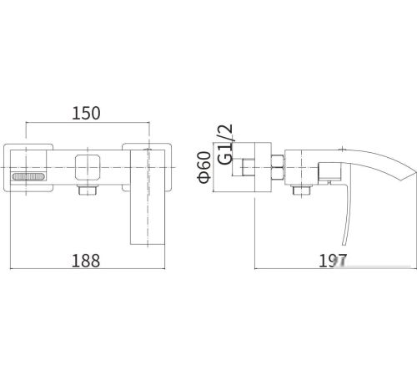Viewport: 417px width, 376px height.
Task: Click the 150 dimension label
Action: point(86,114)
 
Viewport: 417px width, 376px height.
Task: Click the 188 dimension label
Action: point(86,261)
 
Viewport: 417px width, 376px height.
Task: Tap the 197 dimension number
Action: point(333,261)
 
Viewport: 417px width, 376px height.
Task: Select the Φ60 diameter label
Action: point(204,167)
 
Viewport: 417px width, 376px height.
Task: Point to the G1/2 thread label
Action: point(225,145)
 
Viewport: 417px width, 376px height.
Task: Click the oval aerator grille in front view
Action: point(28,176)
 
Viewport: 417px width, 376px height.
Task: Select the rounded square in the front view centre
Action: point(88,167)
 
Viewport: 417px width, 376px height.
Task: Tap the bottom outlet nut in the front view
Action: point(88,191)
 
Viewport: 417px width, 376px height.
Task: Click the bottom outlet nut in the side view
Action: point(301,191)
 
